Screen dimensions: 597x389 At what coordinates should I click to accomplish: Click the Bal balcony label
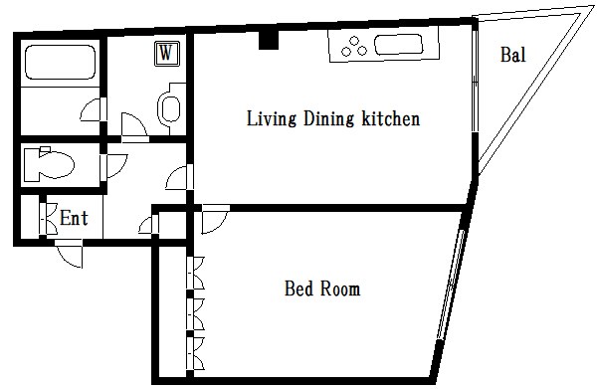coord(513,55)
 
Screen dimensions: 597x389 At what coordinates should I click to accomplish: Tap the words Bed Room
coord(322,289)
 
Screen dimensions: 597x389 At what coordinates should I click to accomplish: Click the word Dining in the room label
coord(328,118)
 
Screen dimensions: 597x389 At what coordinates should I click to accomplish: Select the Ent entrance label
coord(74,218)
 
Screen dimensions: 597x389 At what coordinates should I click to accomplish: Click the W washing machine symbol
coord(167,54)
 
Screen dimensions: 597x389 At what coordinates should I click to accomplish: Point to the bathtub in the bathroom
coord(60,62)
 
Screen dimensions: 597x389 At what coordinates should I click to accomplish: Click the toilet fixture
coord(49,164)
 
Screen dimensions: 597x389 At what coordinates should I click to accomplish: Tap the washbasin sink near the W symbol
coord(170,107)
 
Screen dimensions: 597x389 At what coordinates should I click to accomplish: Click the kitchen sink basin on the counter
coord(399,45)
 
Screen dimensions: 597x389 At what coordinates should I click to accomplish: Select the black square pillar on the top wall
coord(269,40)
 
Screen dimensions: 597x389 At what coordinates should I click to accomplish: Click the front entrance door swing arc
coord(70,254)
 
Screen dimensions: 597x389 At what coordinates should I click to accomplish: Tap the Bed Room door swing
coord(215,220)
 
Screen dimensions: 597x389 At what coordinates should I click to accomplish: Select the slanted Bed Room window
coord(451,285)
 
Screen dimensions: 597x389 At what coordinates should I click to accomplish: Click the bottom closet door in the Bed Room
coord(196,353)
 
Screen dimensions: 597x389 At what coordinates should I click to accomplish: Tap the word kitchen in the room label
coord(391,118)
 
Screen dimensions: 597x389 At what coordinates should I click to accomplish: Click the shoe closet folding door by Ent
coord(49,218)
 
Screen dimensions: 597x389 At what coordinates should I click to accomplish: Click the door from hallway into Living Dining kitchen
coord(180,177)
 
